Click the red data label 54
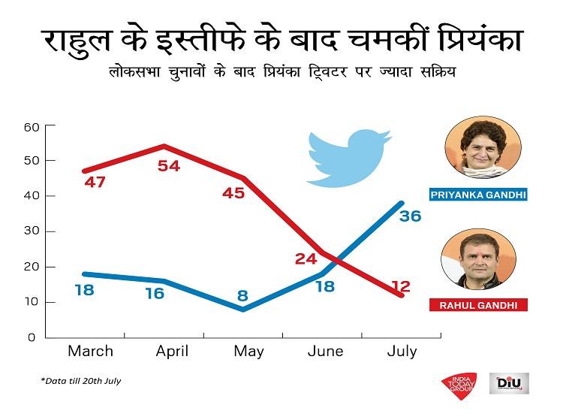coord(169,165)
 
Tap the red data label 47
coord(95,182)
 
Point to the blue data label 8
coord(242,295)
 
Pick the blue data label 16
coord(154,293)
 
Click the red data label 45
coord(233,192)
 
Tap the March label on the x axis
coord(91,351)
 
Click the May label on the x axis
coord(249,351)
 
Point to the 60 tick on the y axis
coord(31,126)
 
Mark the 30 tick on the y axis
coord(31,231)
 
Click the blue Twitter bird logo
coord(349,156)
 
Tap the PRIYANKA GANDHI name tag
coord(477,195)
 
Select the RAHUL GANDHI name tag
coord(477,305)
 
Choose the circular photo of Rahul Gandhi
coord(478,259)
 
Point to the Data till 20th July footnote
coord(81,381)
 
